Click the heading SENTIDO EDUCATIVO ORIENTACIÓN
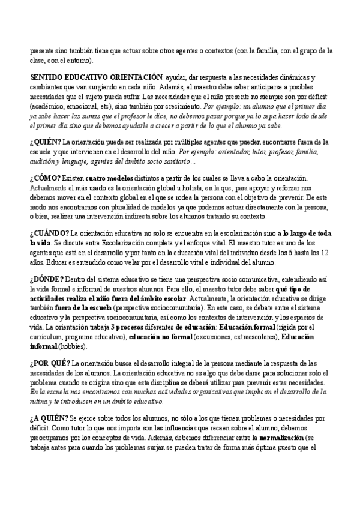pyautogui.click(x=95, y=78)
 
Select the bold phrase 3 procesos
pyautogui.click(x=137, y=328)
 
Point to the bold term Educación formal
pyautogui.click(x=247, y=328)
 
